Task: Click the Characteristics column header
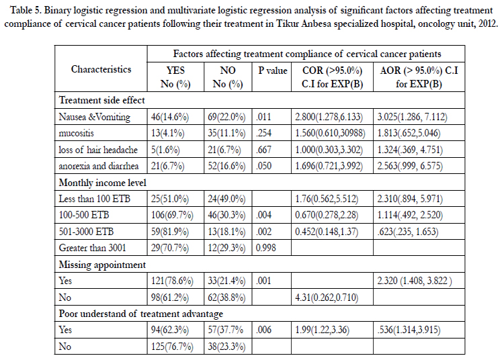pos(101,69)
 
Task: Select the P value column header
pos(273,71)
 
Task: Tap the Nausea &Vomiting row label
pos(95,117)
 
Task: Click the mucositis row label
pos(76,133)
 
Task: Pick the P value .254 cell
pos(263,133)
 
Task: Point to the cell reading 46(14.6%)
pos(170,117)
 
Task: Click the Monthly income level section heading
pos(102,183)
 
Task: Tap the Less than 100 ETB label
pos(95,199)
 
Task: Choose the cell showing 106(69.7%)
pos(172,215)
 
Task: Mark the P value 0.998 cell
pos(266,248)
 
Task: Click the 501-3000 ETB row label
pos(86,232)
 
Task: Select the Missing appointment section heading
pos(102,265)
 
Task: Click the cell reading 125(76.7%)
pos(172,347)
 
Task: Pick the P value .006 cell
pos(263,330)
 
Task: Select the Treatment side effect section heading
pos(102,100)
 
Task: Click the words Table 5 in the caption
pos(26,10)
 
